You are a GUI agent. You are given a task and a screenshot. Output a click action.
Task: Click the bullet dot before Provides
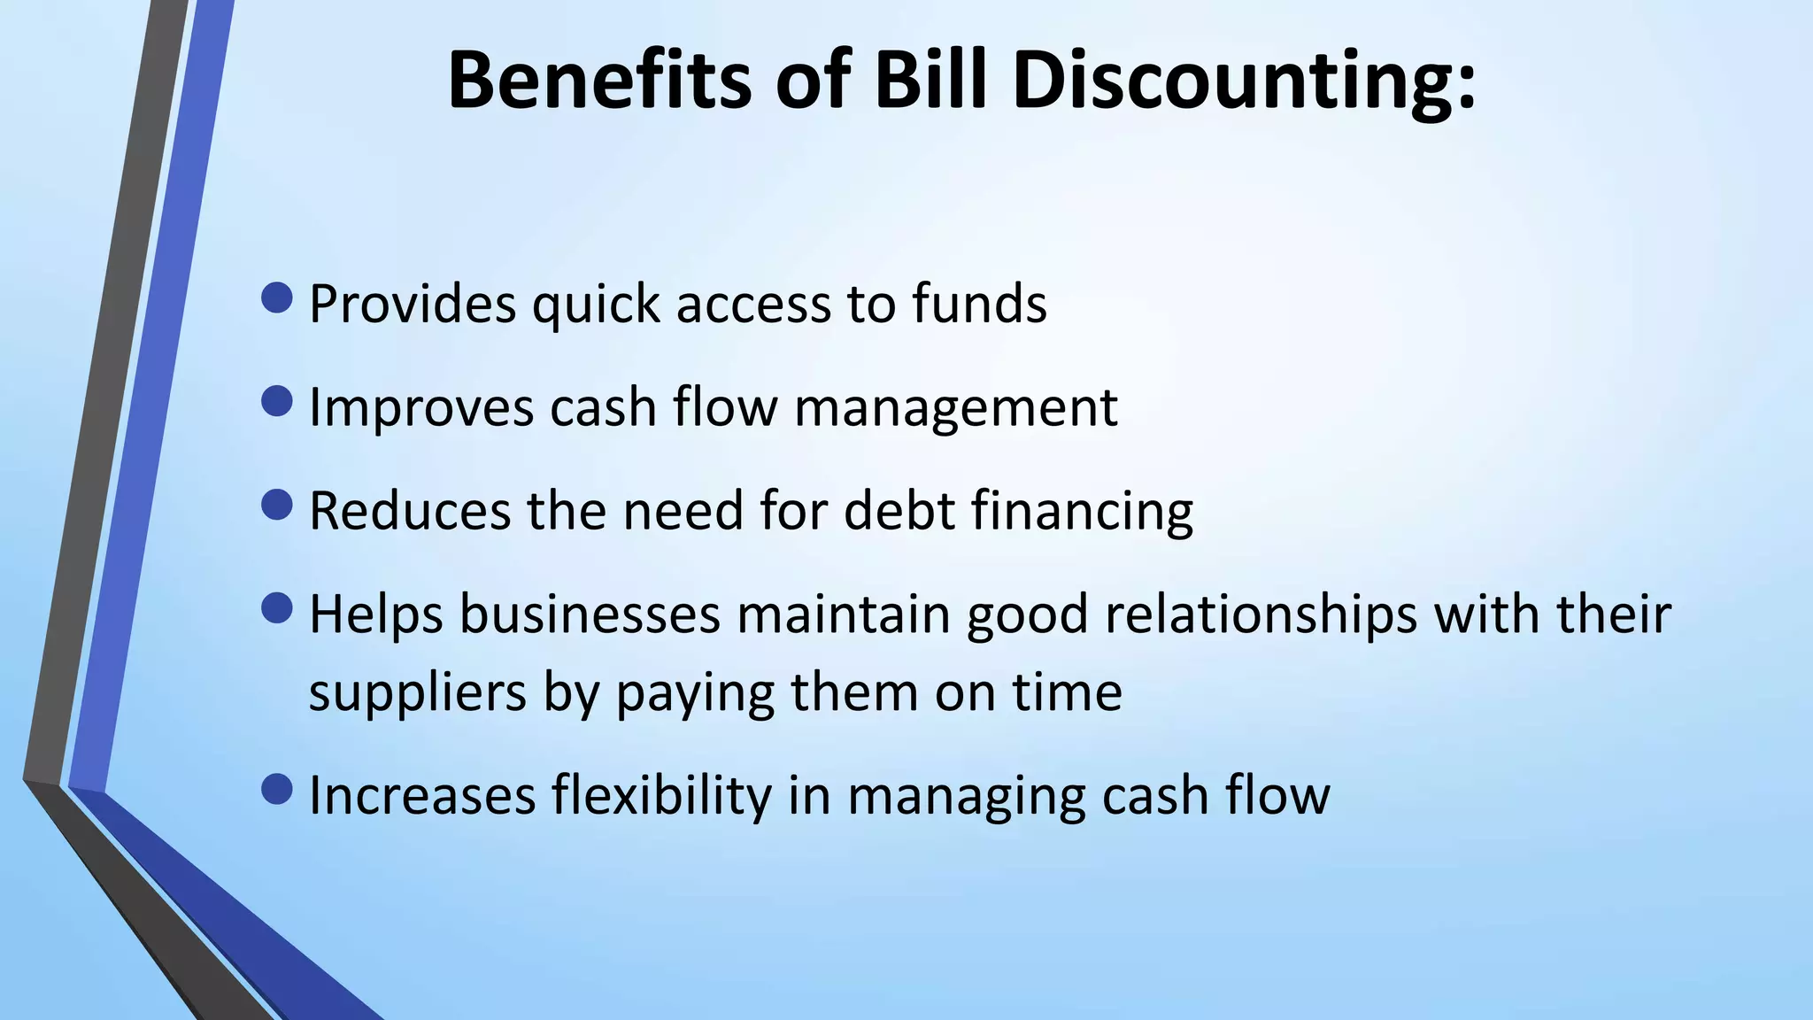click(x=277, y=298)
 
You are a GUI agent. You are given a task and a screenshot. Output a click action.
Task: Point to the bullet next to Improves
click(x=277, y=402)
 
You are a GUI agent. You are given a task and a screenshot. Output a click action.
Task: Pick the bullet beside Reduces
click(x=277, y=506)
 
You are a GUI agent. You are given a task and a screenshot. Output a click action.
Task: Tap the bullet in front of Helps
click(x=277, y=608)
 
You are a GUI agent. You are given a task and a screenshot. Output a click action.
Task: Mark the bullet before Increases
click(x=277, y=790)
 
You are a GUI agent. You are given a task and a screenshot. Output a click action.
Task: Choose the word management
click(x=956, y=408)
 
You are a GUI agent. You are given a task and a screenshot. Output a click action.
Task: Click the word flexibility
click(x=662, y=795)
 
